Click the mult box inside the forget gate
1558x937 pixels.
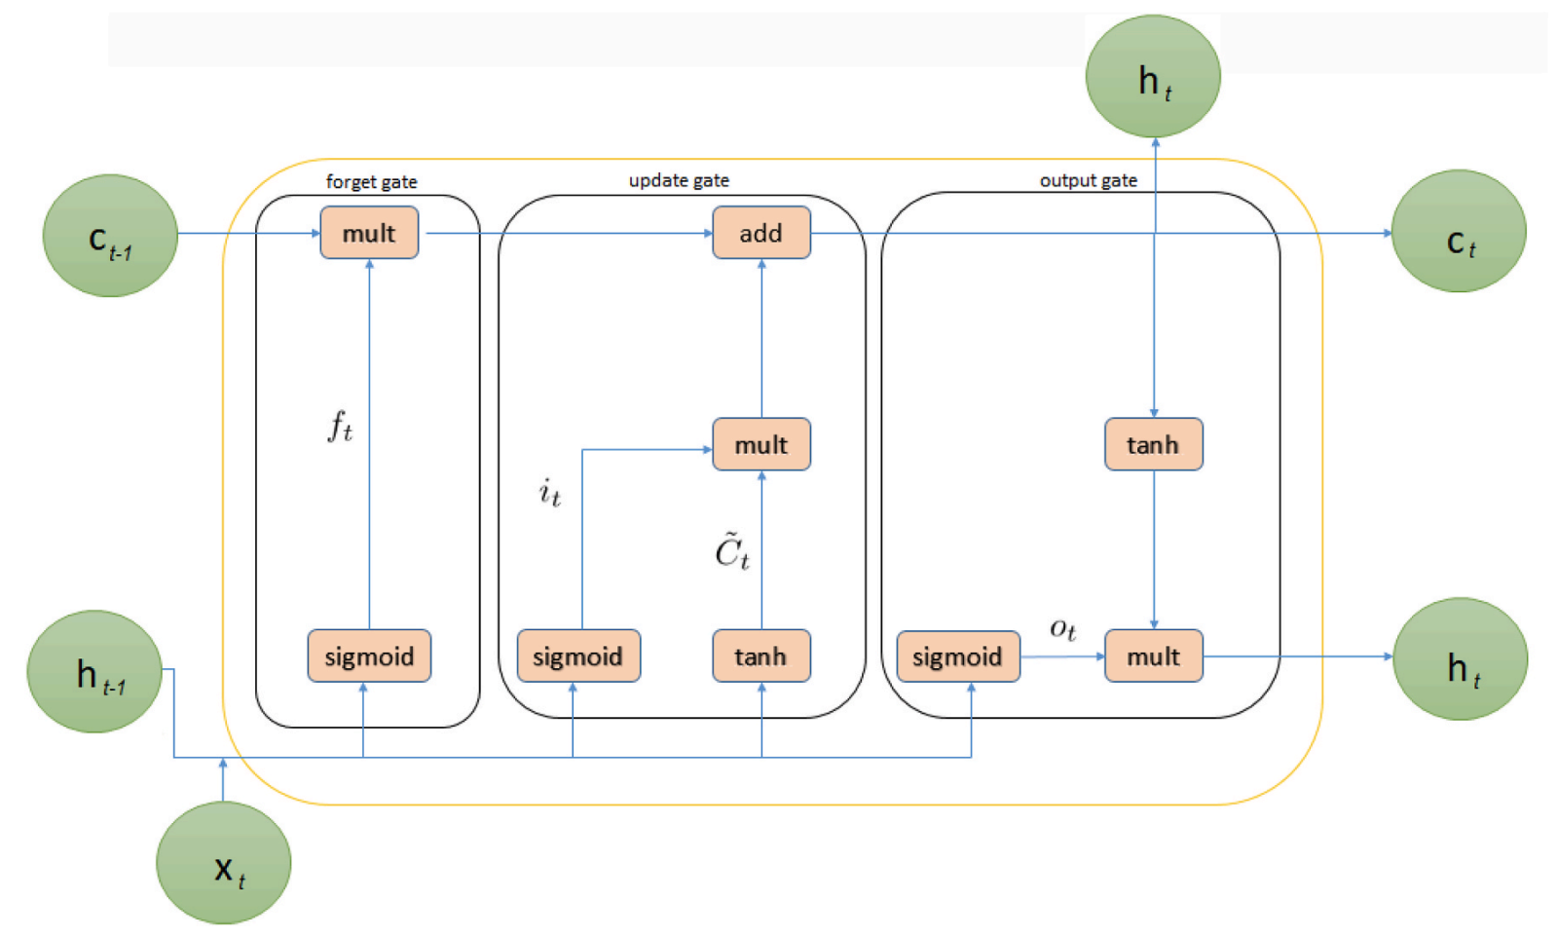369,233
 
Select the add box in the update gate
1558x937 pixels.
760,233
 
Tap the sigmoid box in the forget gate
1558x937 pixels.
369,656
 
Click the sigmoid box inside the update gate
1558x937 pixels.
578,656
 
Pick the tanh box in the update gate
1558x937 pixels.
760,656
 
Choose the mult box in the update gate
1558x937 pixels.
760,444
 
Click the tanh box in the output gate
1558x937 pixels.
1153,444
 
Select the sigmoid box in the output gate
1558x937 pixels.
957,656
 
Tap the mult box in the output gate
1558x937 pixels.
1153,656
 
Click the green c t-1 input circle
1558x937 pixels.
110,236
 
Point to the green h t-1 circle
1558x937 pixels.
94,671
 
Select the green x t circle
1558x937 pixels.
224,862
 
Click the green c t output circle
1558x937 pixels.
1459,232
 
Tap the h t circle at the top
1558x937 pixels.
1153,76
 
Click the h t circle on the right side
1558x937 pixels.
1461,659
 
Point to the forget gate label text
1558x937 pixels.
371,182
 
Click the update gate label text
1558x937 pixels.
679,180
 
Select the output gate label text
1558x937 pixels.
1088,180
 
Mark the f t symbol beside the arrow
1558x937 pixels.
339,427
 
